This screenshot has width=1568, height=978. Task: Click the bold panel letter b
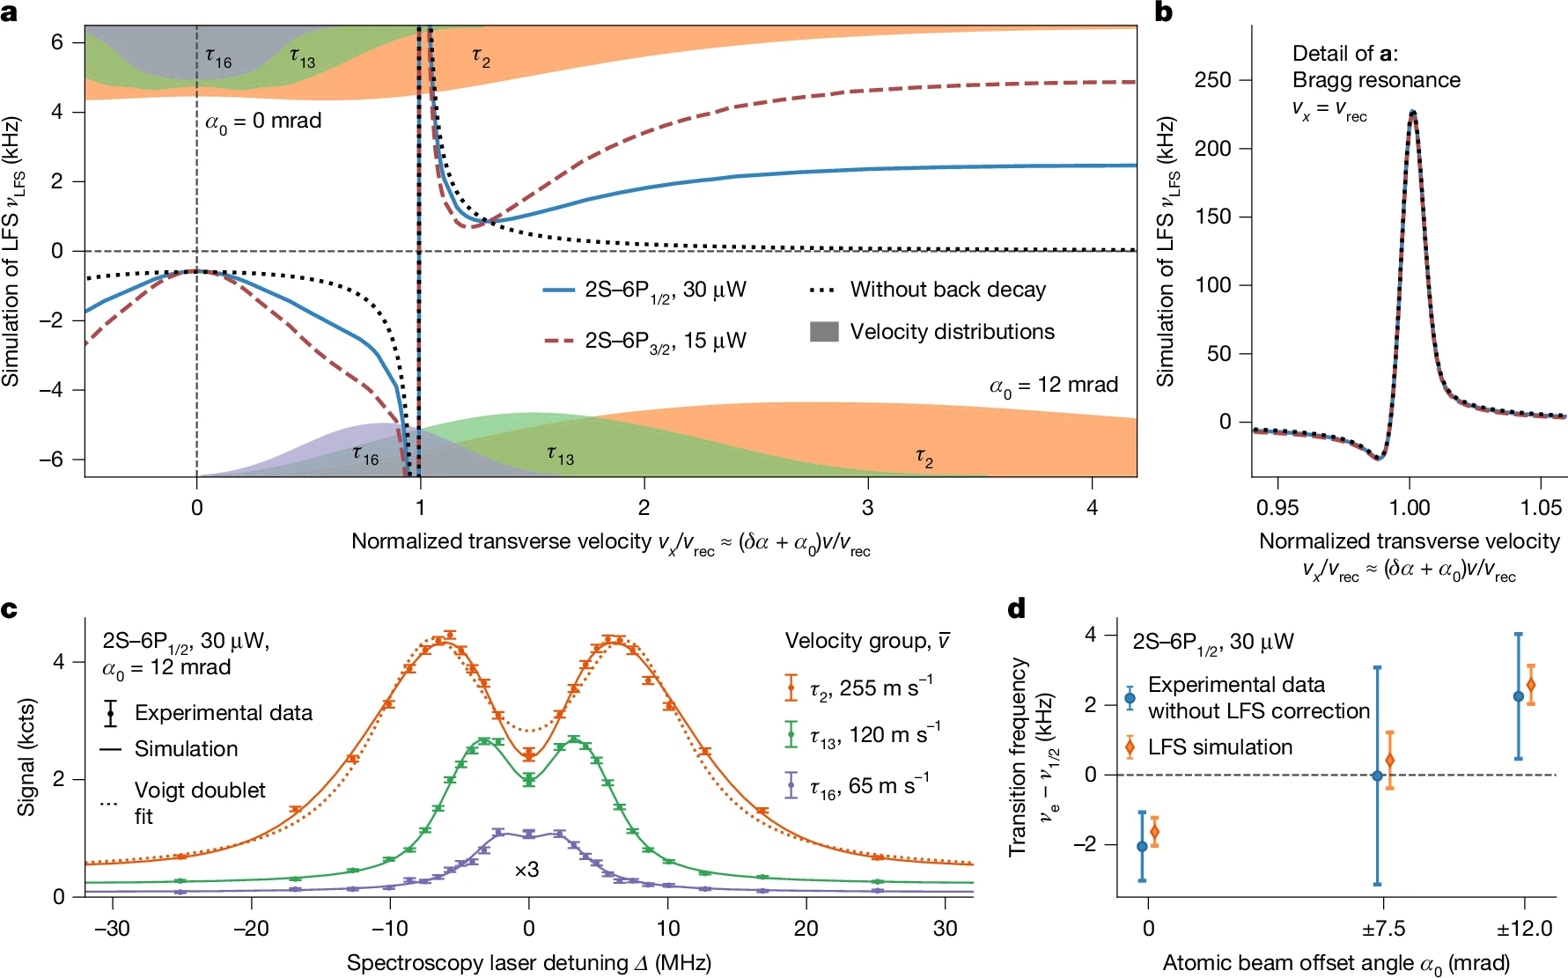point(1164,12)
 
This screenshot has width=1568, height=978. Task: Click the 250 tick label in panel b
point(1212,80)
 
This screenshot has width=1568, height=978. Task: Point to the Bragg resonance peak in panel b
point(1412,113)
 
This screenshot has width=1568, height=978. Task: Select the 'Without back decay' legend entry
point(947,290)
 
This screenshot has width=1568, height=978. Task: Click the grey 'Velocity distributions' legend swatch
point(824,332)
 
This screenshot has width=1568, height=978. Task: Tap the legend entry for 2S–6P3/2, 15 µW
point(665,341)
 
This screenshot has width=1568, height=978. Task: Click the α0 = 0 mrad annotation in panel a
point(263,121)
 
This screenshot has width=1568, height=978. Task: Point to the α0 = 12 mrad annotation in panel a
point(1054,386)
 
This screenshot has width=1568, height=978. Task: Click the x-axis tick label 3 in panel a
point(868,507)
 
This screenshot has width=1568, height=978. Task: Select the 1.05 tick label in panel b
point(1540,507)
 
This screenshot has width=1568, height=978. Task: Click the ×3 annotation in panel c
point(526,870)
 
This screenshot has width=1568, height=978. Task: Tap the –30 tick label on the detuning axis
point(112,929)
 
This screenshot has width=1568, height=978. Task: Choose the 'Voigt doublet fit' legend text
point(200,802)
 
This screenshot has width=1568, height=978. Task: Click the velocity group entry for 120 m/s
point(874,734)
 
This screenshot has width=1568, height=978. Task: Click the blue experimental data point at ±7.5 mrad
point(1377,776)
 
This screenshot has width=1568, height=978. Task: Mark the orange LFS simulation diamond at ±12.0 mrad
point(1530,685)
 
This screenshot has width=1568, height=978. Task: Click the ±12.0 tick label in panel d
point(1524,929)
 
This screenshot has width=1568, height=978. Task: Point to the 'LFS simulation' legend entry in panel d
point(1219,747)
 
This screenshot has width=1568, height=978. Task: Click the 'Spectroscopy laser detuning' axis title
point(528,963)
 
